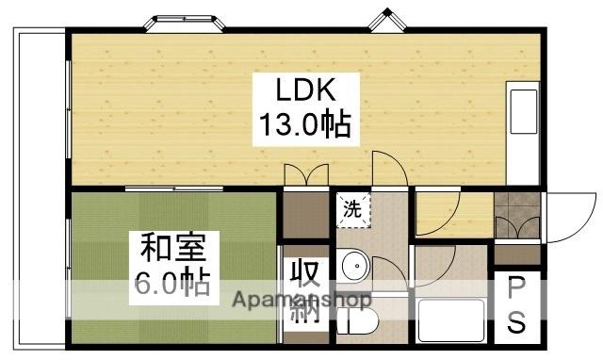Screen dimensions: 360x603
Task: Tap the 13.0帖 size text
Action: click(304, 124)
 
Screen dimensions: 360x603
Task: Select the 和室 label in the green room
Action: click(167, 249)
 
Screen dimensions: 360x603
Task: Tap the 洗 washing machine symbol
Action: click(351, 210)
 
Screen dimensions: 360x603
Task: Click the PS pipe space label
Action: click(517, 305)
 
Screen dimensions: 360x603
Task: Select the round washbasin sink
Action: click(355, 268)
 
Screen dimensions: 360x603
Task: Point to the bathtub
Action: click(449, 320)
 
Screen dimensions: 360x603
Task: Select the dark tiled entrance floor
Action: click(516, 215)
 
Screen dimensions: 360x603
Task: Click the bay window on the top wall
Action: click(183, 22)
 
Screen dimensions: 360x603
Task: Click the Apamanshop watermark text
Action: click(300, 302)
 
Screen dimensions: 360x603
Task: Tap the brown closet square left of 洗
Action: click(303, 214)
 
